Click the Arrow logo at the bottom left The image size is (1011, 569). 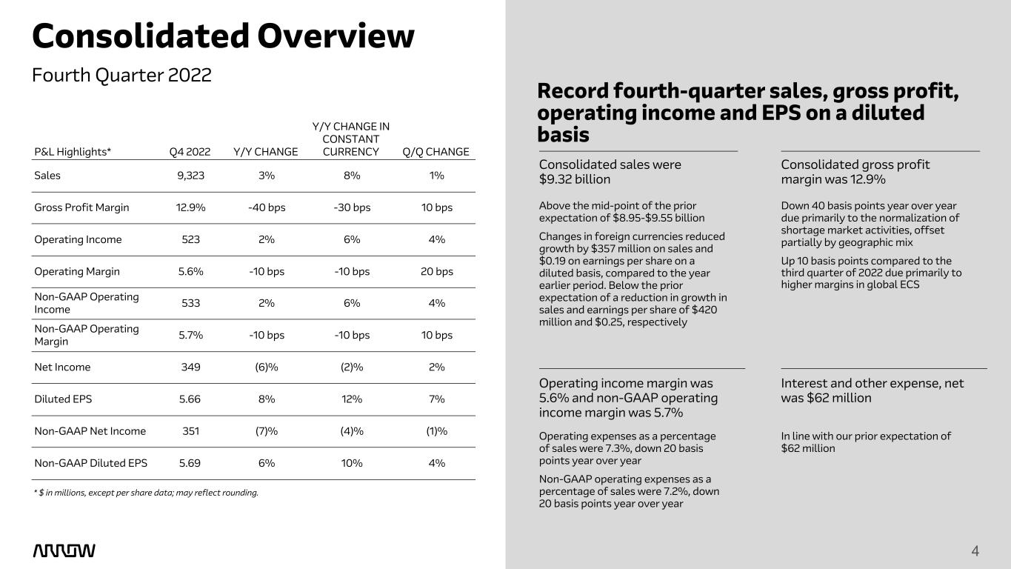pyautogui.click(x=64, y=550)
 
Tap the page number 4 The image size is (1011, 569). pyautogui.click(x=975, y=550)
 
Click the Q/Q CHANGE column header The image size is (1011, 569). pyautogui.click(x=436, y=152)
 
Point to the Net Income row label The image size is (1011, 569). pyautogui.click(x=63, y=367)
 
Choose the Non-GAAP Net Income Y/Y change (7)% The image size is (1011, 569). pyautogui.click(x=267, y=431)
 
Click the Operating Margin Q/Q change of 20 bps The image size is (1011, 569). pyautogui.click(x=436, y=271)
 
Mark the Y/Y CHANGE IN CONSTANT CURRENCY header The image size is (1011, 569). pyautogui.click(x=351, y=139)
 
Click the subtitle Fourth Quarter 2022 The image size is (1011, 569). pyautogui.click(x=121, y=75)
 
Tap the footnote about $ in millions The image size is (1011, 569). pyautogui.click(x=146, y=493)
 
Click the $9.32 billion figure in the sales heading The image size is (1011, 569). pyautogui.click(x=575, y=179)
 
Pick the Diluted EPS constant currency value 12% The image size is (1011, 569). pyautogui.click(x=351, y=399)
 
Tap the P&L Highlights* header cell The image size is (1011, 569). pyautogui.click(x=73, y=152)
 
